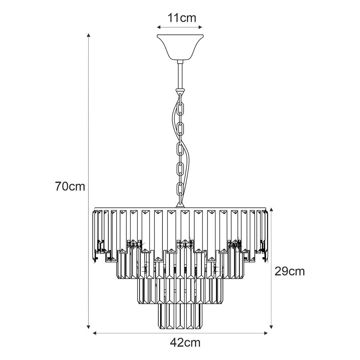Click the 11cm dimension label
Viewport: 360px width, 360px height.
(182, 18)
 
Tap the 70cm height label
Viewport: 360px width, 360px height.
(70, 186)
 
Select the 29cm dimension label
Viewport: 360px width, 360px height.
(289, 271)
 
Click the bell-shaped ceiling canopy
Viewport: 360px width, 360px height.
(180, 47)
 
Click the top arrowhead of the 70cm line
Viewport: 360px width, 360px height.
(88, 35)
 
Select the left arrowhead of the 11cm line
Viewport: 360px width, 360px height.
(159, 27)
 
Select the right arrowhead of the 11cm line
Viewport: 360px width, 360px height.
(200, 27)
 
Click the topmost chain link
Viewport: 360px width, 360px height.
(180, 98)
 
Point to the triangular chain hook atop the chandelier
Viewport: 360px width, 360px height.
(180, 205)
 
